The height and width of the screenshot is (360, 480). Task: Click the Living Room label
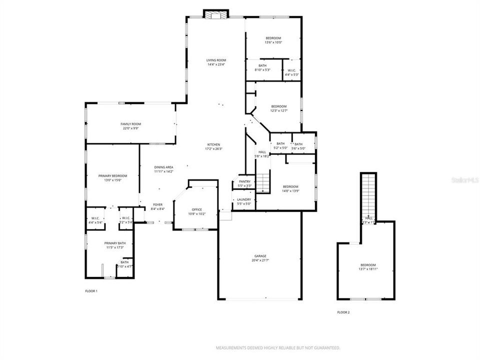tap(216, 60)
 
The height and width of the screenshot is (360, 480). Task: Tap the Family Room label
tap(130, 124)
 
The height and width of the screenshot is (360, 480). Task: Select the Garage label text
tap(259, 255)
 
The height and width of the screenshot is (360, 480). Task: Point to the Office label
tap(196, 209)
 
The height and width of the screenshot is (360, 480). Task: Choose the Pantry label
tap(244, 181)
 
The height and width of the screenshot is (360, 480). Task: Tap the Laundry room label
tap(244, 199)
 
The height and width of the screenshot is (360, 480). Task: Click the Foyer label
tap(158, 204)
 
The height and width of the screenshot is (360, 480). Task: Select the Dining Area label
tap(163, 167)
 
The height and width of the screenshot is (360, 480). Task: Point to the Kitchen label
tap(212, 144)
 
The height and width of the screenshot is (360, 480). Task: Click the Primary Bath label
tap(115, 243)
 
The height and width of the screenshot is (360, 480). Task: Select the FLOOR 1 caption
tap(91, 290)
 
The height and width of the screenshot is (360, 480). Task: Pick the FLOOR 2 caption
tap(343, 312)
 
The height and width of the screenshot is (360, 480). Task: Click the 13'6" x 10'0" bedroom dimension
tap(273, 42)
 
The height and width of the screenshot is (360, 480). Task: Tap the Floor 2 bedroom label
tap(368, 265)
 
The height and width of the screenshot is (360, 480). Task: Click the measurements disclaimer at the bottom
tap(278, 347)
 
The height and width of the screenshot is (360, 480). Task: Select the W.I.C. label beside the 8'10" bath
tap(291, 70)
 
